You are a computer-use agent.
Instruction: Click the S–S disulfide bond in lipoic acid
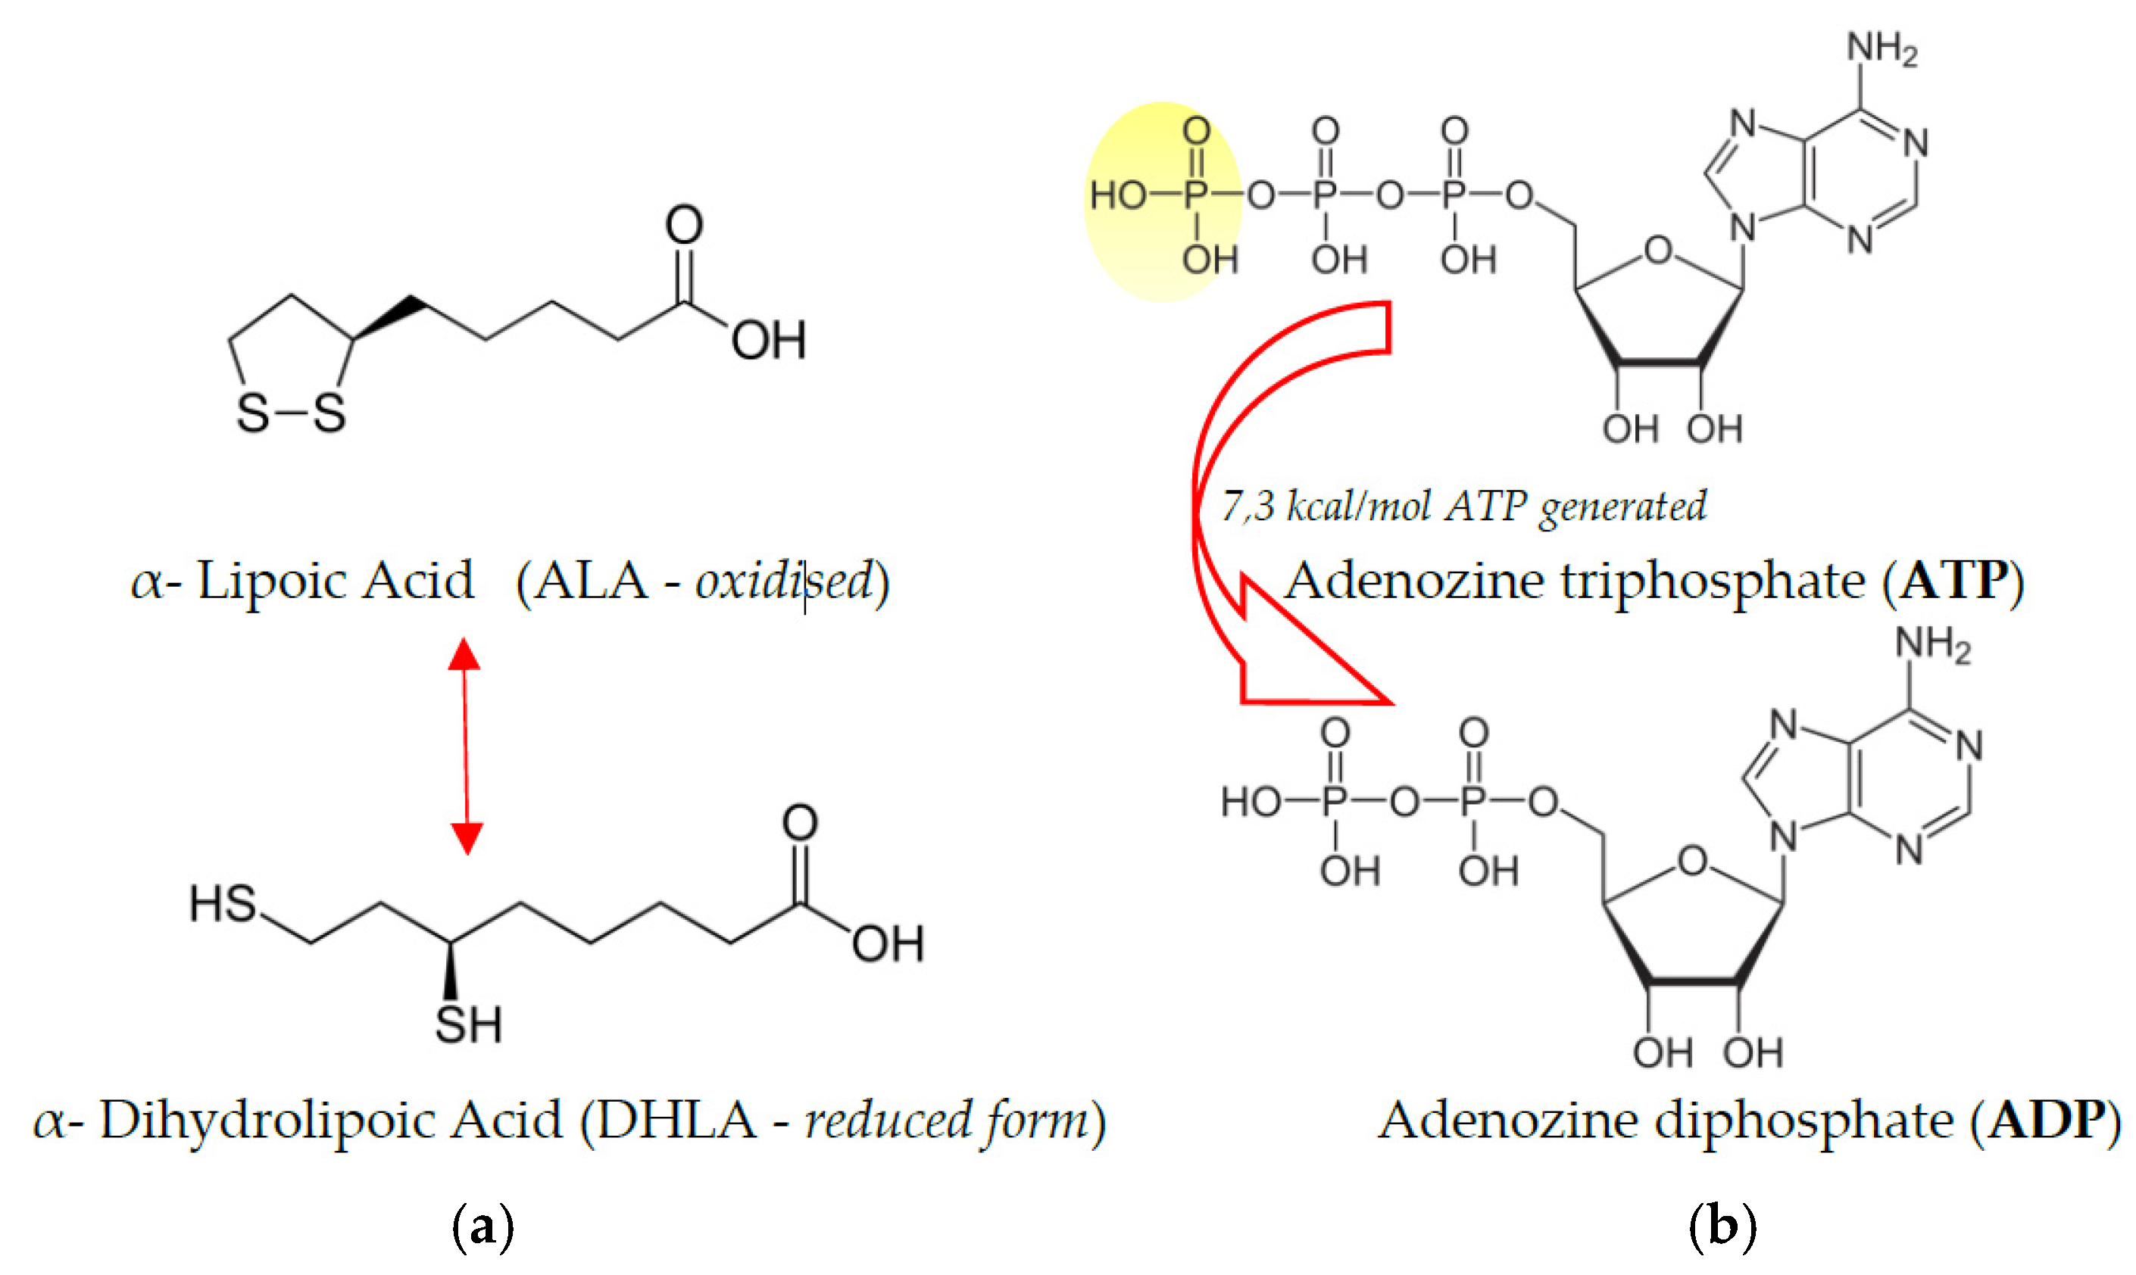[x=291, y=414]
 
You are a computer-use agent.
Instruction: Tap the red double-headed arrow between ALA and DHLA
[x=466, y=746]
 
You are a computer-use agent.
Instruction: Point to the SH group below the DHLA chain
[x=467, y=1024]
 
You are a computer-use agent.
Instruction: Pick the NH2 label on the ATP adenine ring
[x=1881, y=49]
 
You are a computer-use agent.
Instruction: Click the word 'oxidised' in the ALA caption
[x=783, y=581]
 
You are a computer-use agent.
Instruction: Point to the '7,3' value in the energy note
[x=1248, y=506]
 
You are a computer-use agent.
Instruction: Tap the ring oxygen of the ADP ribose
[x=1692, y=860]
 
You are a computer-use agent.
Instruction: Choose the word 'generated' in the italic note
[x=1622, y=506]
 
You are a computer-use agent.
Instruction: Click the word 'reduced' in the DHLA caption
[x=885, y=1121]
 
